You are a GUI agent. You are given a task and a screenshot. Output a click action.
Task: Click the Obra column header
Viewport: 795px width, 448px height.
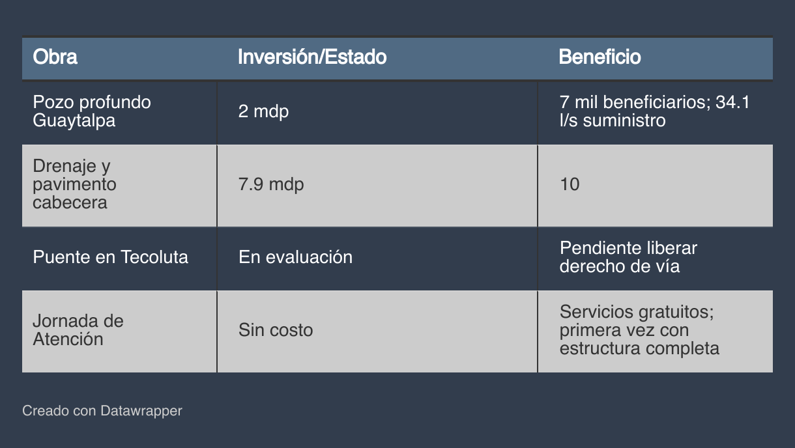click(55, 57)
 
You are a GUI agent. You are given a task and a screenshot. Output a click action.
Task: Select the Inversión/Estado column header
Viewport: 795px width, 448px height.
click(312, 57)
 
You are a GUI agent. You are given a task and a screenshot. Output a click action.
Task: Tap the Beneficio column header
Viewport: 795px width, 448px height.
click(600, 57)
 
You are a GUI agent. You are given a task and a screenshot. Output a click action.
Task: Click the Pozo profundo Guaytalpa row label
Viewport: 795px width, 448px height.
click(92, 111)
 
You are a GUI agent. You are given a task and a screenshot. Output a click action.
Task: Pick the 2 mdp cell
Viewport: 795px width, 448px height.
click(263, 111)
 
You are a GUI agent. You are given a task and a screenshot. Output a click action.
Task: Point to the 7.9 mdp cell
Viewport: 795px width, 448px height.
click(271, 184)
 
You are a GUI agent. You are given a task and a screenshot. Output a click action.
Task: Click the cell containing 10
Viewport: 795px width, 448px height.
click(570, 184)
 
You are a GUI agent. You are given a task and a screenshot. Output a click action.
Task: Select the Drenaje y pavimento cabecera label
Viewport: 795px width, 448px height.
click(74, 184)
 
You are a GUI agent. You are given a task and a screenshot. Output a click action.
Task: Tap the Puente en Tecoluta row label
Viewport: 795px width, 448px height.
click(110, 257)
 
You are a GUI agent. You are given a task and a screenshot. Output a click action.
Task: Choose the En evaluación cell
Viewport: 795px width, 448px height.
click(296, 257)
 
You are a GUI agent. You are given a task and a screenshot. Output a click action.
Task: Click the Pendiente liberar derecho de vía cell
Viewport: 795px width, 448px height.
click(629, 257)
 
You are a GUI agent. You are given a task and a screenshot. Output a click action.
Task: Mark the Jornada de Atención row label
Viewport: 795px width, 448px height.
click(78, 330)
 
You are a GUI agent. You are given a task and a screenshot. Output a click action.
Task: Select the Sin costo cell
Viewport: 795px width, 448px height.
click(276, 330)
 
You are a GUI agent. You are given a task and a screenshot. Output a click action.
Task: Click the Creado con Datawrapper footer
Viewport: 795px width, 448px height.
click(102, 411)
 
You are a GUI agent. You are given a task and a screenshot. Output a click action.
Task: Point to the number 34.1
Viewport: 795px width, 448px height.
click(732, 102)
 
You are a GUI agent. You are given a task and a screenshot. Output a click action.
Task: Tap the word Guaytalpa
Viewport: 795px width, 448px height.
click(74, 120)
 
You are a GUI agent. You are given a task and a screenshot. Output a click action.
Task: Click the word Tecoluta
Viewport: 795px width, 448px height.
click(154, 257)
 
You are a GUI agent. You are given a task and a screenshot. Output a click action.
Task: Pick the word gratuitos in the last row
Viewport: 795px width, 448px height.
click(676, 312)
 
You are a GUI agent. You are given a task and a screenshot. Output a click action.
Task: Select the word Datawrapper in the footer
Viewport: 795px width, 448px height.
click(141, 411)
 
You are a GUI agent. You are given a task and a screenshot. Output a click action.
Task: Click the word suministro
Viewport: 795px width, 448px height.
click(624, 120)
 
